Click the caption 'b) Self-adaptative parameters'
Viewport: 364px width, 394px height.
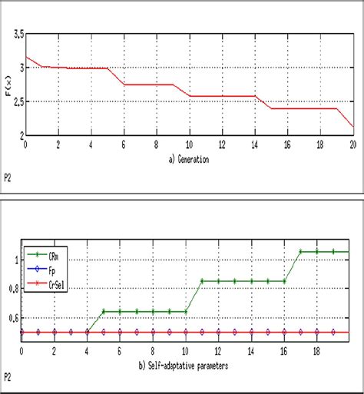coord(189,366)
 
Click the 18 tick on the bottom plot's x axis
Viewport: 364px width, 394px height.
coord(316,352)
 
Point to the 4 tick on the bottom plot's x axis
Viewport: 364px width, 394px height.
coord(87,352)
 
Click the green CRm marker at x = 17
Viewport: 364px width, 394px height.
coord(300,251)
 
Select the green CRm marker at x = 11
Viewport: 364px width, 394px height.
coord(202,281)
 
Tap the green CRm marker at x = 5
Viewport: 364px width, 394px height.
coord(104,311)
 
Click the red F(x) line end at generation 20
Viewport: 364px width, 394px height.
coord(352,126)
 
